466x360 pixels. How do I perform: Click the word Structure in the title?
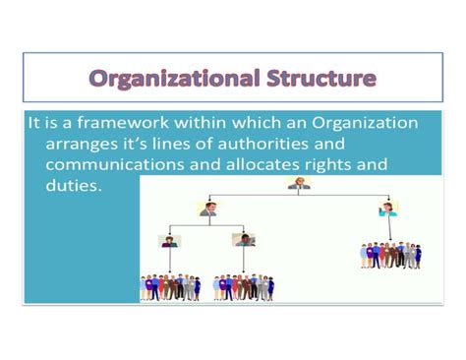click(x=317, y=79)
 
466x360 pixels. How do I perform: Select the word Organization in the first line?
click(x=365, y=124)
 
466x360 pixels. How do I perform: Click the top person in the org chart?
click(x=294, y=184)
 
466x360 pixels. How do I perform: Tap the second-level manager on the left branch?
click(x=207, y=209)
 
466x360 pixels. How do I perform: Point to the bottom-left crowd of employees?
click(x=170, y=286)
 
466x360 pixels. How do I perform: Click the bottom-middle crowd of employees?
click(x=244, y=286)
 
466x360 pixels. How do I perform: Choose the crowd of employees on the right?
click(x=389, y=254)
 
